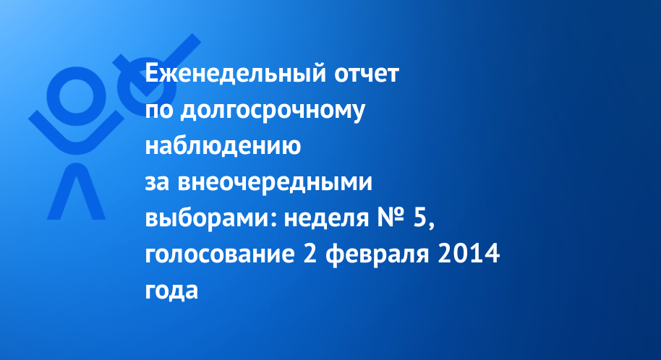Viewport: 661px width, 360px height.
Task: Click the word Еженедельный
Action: tap(236, 74)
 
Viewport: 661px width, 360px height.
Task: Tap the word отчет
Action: tap(367, 74)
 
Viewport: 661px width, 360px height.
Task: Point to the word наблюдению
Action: tap(223, 145)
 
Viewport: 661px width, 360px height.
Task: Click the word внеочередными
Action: tap(275, 182)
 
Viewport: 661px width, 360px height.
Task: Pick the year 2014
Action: tap(469, 254)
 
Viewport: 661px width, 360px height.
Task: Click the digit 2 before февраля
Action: tap(310, 254)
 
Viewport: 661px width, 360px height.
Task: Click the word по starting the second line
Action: tap(159, 111)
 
